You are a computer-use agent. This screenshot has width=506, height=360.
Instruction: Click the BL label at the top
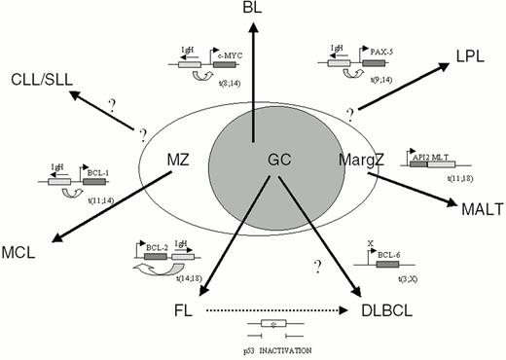[253, 9]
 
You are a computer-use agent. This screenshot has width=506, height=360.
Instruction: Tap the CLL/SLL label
[40, 77]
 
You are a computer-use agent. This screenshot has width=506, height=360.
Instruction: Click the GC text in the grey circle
[254, 157]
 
